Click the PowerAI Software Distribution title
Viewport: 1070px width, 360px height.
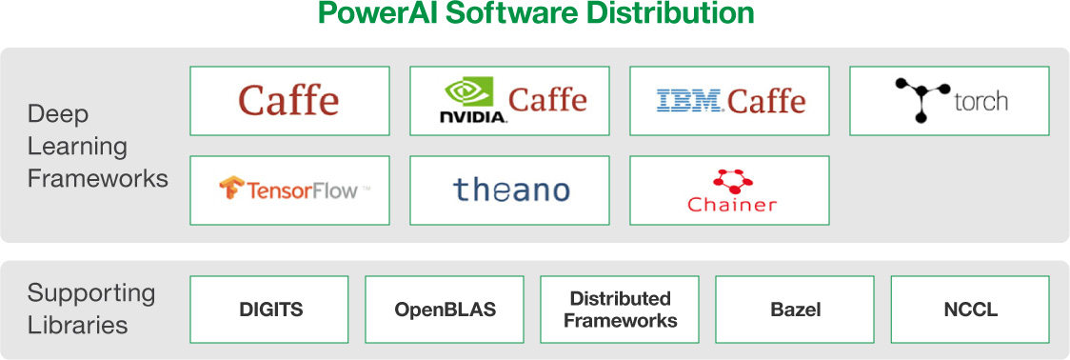coord(536,13)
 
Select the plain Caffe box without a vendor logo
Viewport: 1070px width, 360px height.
coord(290,101)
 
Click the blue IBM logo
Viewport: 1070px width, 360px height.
coord(689,101)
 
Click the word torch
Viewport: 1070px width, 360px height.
coord(981,102)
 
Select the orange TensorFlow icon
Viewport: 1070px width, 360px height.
coord(232,189)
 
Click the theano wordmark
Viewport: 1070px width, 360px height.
coord(510,190)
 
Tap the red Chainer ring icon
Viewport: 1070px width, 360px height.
coord(731,182)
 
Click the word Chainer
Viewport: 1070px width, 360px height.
coord(731,205)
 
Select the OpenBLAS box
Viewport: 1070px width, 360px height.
coord(445,310)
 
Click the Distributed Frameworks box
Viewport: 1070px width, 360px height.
coord(620,310)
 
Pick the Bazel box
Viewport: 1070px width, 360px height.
coord(795,310)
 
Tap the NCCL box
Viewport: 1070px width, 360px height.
coord(970,310)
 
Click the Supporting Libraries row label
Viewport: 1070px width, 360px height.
coord(90,309)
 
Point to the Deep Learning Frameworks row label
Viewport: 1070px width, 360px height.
coord(97,146)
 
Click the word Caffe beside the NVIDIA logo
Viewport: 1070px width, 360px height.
coord(547,100)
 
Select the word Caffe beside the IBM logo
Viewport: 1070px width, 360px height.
coord(766,101)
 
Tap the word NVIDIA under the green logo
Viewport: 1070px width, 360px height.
coord(473,117)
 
